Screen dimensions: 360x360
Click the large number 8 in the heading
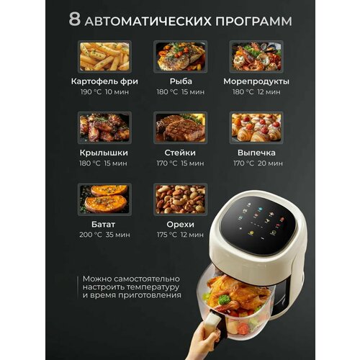(x=74, y=20)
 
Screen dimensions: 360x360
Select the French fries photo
(x=104, y=56)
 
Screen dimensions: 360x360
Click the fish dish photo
(x=180, y=56)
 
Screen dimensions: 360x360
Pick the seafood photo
(x=256, y=56)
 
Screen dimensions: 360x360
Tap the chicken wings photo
(x=104, y=127)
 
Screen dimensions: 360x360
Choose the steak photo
(x=180, y=127)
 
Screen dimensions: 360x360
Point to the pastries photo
(x=256, y=127)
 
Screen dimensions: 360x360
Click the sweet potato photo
(x=104, y=198)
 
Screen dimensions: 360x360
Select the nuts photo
(x=180, y=198)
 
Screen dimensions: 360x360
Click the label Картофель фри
(x=104, y=81)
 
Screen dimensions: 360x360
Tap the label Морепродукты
(x=256, y=81)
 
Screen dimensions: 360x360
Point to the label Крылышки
(x=104, y=153)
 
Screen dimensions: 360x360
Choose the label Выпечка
(x=256, y=153)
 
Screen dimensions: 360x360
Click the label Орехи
(x=180, y=223)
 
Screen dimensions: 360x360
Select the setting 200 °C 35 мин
(x=104, y=235)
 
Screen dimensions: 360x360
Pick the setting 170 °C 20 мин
(x=256, y=164)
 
